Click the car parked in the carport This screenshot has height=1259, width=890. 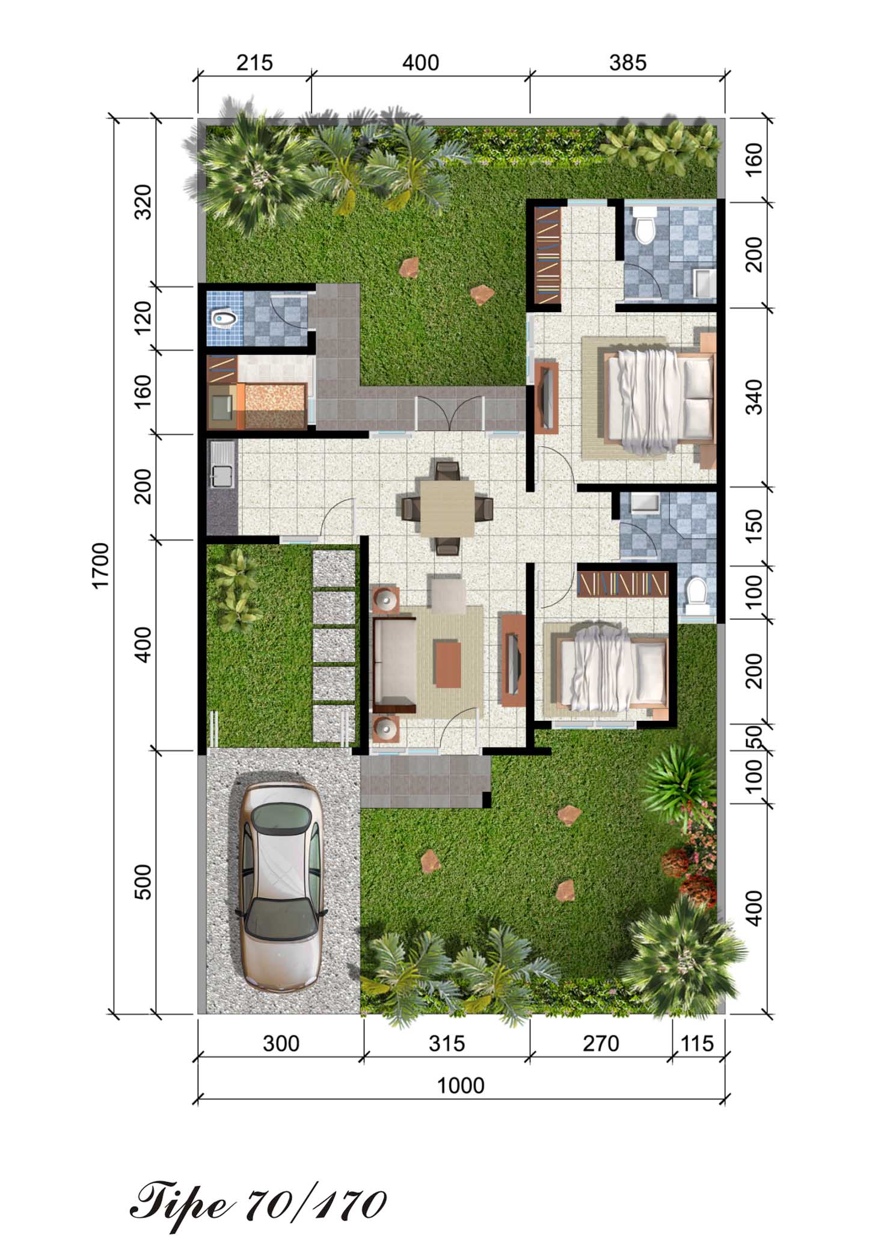[x=281, y=887]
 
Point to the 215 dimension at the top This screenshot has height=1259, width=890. [x=254, y=63]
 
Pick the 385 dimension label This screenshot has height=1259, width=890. [x=628, y=63]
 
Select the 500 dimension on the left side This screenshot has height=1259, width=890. [x=144, y=882]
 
